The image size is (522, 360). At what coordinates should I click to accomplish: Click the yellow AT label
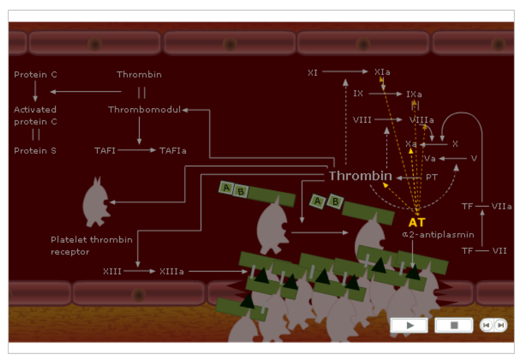pyautogui.click(x=416, y=222)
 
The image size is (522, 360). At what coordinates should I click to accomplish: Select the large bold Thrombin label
pyautogui.click(x=360, y=176)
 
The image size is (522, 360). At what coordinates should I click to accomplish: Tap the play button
pyautogui.click(x=409, y=325)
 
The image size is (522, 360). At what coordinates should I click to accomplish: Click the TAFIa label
pyautogui.click(x=173, y=150)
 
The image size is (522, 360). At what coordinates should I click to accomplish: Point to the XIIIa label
pyautogui.click(x=171, y=271)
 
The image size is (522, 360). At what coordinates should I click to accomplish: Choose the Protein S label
pyautogui.click(x=35, y=150)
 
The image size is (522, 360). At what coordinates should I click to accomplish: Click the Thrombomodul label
pyautogui.click(x=144, y=110)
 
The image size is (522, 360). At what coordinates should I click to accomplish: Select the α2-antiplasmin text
pyautogui.click(x=438, y=235)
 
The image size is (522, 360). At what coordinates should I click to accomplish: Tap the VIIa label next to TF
pyautogui.click(x=501, y=206)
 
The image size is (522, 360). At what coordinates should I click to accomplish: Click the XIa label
pyautogui.click(x=382, y=72)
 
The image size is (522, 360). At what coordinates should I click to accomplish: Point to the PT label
pyautogui.click(x=431, y=177)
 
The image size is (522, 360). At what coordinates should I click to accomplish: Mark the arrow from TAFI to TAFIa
pyautogui.click(x=137, y=150)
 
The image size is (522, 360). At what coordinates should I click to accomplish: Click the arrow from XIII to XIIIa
pyautogui.click(x=140, y=271)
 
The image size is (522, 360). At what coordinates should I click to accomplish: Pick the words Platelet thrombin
pyautogui.click(x=92, y=239)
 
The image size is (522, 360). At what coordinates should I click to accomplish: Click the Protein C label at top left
pyautogui.click(x=35, y=74)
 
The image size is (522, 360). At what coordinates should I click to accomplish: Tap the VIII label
pyautogui.click(x=362, y=120)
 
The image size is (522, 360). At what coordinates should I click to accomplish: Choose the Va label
pyautogui.click(x=430, y=158)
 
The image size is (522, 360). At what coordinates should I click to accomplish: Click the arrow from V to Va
pyautogui.click(x=453, y=158)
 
